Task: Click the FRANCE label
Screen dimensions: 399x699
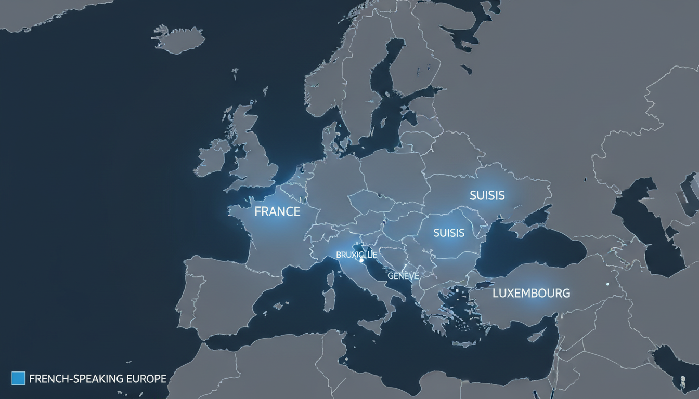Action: tap(277, 211)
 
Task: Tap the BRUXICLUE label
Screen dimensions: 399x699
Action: tap(357, 255)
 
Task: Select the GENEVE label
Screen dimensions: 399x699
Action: tap(403, 276)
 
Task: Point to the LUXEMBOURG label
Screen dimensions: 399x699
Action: tap(531, 293)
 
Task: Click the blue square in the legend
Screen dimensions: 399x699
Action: tap(18, 378)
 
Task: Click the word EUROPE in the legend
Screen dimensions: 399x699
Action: tap(146, 379)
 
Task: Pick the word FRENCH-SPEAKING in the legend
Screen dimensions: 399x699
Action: tap(77, 379)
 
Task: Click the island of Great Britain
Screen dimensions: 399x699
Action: tap(255, 156)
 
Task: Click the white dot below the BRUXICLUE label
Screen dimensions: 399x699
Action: tap(361, 261)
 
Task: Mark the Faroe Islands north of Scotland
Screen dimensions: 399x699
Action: tap(235, 71)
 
